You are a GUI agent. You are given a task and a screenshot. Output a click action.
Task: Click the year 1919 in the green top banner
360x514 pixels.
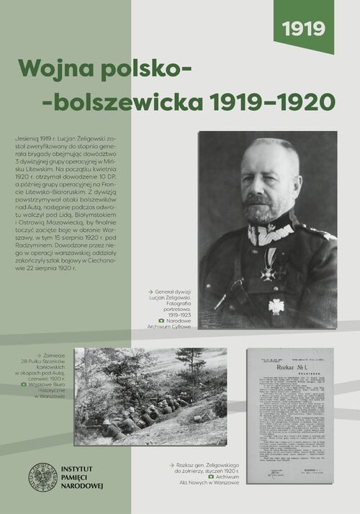pyautogui.click(x=303, y=30)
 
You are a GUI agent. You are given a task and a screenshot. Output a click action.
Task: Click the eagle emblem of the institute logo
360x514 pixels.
pyautogui.click(x=42, y=477)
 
